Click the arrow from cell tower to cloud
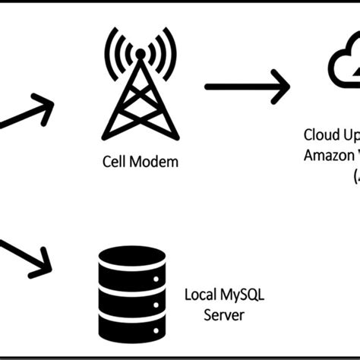tap(247, 85)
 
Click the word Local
tap(201, 295)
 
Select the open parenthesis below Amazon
tap(355, 176)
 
